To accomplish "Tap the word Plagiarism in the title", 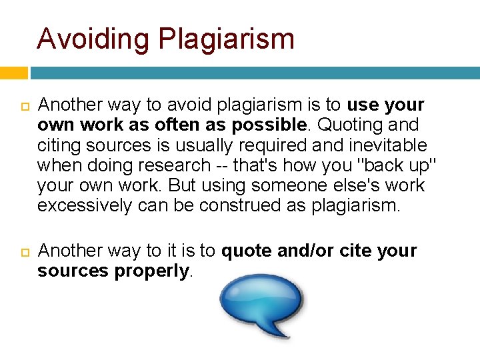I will point(227,39).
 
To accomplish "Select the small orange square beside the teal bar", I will point(13,73).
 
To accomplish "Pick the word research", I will point(177,165).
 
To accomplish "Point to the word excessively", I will point(85,205).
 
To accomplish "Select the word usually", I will point(188,145).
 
